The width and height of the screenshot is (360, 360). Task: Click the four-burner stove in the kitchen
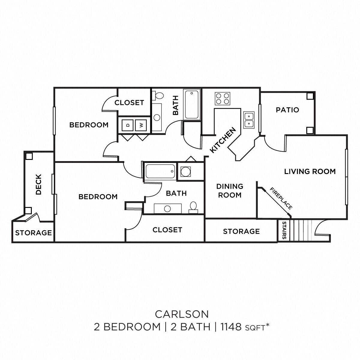(x=223, y=98)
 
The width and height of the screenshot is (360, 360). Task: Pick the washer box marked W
(x=141, y=125)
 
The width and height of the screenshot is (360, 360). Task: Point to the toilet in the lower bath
(x=193, y=207)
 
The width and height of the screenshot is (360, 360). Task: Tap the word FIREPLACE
(x=281, y=198)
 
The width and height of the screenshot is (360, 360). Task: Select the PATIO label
(x=287, y=110)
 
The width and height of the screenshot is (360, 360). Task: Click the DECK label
(x=39, y=185)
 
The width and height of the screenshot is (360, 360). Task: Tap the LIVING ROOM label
(x=310, y=172)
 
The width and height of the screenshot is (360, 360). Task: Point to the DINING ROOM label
(x=230, y=191)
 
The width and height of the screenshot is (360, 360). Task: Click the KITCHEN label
(x=223, y=140)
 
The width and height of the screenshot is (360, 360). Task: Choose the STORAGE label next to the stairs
(x=241, y=231)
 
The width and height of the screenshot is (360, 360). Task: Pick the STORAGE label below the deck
(x=33, y=233)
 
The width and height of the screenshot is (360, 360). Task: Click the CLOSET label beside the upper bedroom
(x=129, y=103)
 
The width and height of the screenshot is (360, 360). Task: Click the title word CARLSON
(x=182, y=314)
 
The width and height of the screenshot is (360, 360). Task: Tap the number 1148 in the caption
(x=231, y=327)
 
